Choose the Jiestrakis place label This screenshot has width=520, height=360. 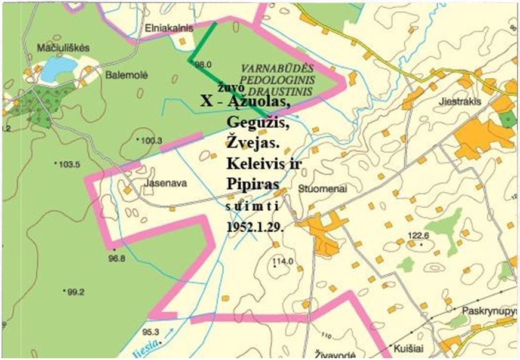(460, 101)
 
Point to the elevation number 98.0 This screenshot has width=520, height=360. (204, 64)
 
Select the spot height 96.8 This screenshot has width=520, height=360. (117, 259)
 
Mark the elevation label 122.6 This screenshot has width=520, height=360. (419, 235)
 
